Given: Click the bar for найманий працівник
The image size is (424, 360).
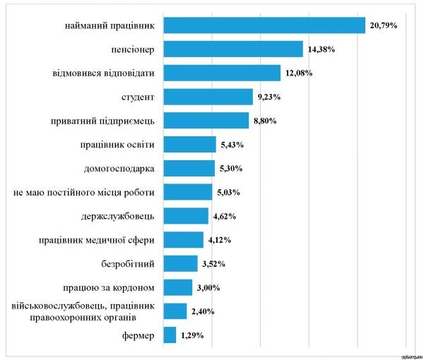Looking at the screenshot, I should point(264,25).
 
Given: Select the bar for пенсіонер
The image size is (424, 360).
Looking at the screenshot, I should point(232,49).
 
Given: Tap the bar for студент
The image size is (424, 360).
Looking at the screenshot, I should point(208,97).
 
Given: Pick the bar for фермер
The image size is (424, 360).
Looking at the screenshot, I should point(170,335).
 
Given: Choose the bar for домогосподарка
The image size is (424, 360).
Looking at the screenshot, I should point(189,168).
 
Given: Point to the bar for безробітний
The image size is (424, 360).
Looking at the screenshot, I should point(180,263).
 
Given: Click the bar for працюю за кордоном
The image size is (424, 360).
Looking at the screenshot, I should point(177,287).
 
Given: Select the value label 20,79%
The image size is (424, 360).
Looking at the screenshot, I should point(383,25).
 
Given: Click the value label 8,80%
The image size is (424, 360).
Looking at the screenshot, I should point(264,121).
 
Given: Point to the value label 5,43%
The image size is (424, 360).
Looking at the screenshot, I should point(231,145).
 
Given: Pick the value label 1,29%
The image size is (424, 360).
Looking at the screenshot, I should point(192,335).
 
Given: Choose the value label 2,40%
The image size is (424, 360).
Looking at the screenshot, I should point(202,311).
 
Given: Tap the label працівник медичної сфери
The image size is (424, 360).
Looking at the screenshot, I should point(96,240).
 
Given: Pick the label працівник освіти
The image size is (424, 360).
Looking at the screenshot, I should point(118,145).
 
